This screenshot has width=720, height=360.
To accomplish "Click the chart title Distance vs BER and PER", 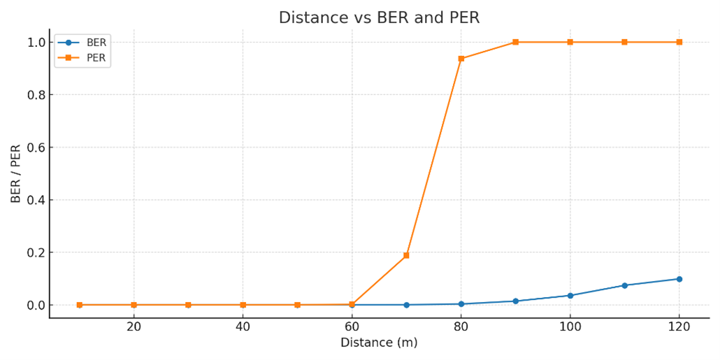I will [379, 18].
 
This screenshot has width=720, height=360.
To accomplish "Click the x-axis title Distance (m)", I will [379, 343].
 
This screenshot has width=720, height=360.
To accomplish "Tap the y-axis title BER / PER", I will [15, 174].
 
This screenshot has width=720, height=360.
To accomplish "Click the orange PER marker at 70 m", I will [406, 256].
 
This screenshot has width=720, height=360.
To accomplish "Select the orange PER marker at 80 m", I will [461, 59].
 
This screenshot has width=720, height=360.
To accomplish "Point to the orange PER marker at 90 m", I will [515, 42].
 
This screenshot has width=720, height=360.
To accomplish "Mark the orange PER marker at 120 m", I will [679, 42].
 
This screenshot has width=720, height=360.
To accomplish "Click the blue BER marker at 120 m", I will [679, 279].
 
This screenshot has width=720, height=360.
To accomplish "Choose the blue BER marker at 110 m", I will [624, 285].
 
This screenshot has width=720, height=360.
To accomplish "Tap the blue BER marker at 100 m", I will [570, 296].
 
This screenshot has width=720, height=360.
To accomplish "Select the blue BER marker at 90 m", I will [515, 301].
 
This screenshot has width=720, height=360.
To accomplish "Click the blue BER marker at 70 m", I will [406, 305].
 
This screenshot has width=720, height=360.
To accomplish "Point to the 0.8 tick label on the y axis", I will [36, 95].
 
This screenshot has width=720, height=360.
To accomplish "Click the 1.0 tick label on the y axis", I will [36, 43].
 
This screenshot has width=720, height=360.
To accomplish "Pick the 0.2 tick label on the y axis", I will [36, 252].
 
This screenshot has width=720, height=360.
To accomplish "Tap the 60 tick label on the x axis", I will [352, 326].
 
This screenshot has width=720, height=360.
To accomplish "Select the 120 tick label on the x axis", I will [679, 326].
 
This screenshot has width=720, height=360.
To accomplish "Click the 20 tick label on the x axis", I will [134, 326].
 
